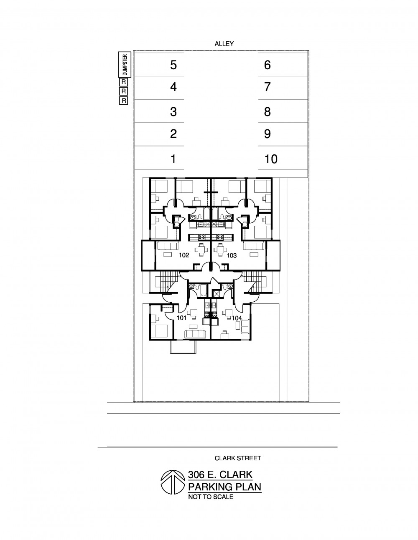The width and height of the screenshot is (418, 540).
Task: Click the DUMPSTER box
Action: pyautogui.click(x=125, y=65)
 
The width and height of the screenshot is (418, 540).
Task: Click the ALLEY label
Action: pyautogui.click(x=224, y=44)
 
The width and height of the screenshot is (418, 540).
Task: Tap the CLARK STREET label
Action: pyautogui.click(x=238, y=458)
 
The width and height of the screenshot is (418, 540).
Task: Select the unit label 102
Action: pyautogui.click(x=184, y=255)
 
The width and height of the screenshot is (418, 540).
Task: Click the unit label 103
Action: pyautogui.click(x=232, y=255)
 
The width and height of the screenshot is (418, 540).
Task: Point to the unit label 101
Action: pyautogui.click(x=181, y=318)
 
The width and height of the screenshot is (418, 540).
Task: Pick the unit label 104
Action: pyautogui.click(x=237, y=318)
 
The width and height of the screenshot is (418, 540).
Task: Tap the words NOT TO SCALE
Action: pyautogui.click(x=211, y=497)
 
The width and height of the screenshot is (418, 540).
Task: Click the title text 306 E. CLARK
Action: pyautogui.click(x=220, y=474)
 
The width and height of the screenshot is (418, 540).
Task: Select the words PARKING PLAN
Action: pyautogui.click(x=225, y=487)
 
